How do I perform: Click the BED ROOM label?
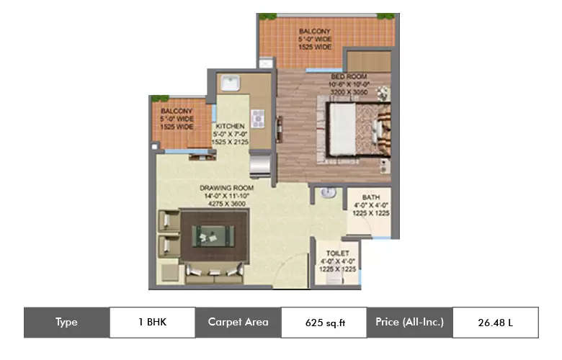(x=349, y=76)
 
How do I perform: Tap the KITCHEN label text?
(x=229, y=125)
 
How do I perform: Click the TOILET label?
(x=338, y=253)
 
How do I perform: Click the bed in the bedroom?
(x=359, y=130)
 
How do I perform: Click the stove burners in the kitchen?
(x=258, y=117)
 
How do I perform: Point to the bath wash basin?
(x=327, y=192)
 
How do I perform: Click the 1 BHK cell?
(x=152, y=323)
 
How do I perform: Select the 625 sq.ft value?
(x=324, y=323)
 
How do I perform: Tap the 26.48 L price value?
(x=495, y=323)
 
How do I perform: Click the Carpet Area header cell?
(x=238, y=323)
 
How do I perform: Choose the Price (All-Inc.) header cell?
(x=409, y=323)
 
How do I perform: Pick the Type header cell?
(x=66, y=323)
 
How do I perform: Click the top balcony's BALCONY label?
(x=315, y=31)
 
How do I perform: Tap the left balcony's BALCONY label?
(x=177, y=110)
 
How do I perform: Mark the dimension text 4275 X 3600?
(x=223, y=204)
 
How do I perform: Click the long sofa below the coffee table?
(x=214, y=271)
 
